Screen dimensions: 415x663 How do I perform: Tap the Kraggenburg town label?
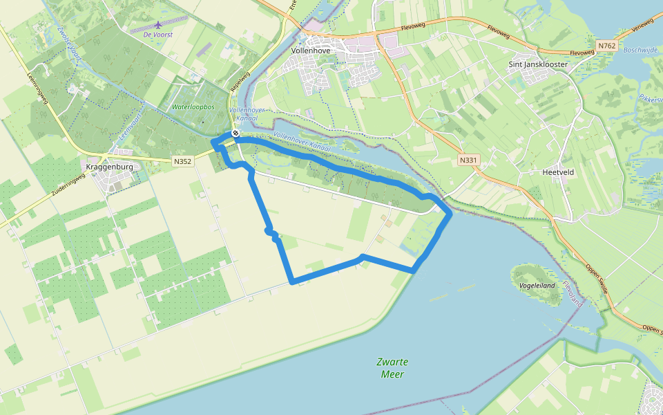pyautogui.click(x=110, y=167)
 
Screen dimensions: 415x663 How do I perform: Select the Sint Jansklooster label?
pyautogui.click(x=537, y=64)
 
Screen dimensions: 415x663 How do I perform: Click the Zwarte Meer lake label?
pyautogui.click(x=392, y=368)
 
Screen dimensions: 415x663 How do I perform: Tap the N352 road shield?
pyautogui.click(x=182, y=161)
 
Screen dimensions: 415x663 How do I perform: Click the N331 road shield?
pyautogui.click(x=467, y=160)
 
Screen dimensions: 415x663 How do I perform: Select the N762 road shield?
pyautogui.click(x=606, y=46)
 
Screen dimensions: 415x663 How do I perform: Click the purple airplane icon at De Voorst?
pyautogui.click(x=157, y=26)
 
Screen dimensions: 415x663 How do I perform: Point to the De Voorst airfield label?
pyautogui.click(x=157, y=34)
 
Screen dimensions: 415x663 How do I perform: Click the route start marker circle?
pyautogui.click(x=236, y=133)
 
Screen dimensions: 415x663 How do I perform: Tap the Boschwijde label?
pyautogui.click(x=638, y=50)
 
